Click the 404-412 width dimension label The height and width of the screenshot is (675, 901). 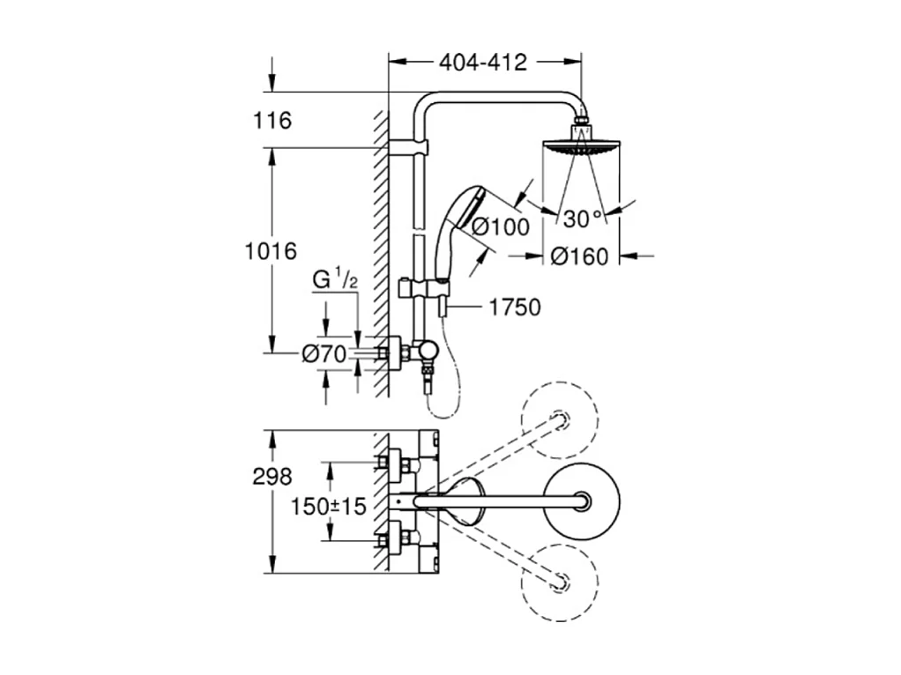click(483, 63)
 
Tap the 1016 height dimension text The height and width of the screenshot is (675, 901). click(270, 251)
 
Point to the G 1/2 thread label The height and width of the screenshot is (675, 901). click(336, 280)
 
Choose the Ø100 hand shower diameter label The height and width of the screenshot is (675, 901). click(500, 226)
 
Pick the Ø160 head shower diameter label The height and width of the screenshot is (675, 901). click(579, 256)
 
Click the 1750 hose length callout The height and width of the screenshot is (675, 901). click(515, 307)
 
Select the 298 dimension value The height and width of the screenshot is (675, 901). click(272, 477)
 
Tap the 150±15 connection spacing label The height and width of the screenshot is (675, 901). click(328, 507)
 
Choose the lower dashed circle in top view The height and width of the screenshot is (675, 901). click(559, 582)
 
